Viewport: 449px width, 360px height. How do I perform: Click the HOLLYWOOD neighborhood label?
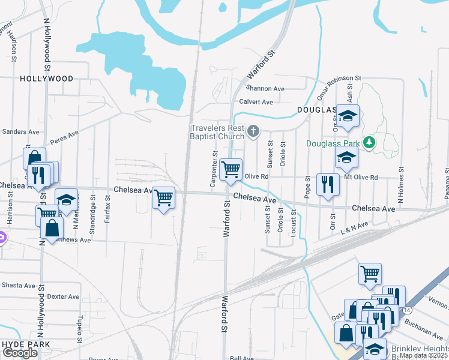(46, 79)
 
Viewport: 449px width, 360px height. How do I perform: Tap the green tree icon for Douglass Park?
(370, 142)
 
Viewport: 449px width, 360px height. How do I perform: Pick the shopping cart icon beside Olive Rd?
(231, 170)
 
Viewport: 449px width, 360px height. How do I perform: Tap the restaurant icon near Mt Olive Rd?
(327, 184)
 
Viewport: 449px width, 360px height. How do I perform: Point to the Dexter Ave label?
(63, 296)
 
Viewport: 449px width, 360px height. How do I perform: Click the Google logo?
(20, 353)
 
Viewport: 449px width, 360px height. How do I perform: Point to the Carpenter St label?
(214, 169)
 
